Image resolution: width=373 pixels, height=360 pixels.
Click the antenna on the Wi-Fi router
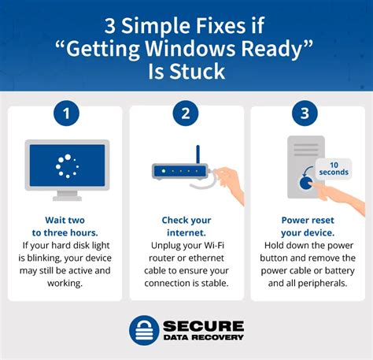click(198, 154)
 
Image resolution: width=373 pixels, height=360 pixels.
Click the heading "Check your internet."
click(186, 226)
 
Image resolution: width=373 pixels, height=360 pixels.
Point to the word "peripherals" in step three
click(321, 282)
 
